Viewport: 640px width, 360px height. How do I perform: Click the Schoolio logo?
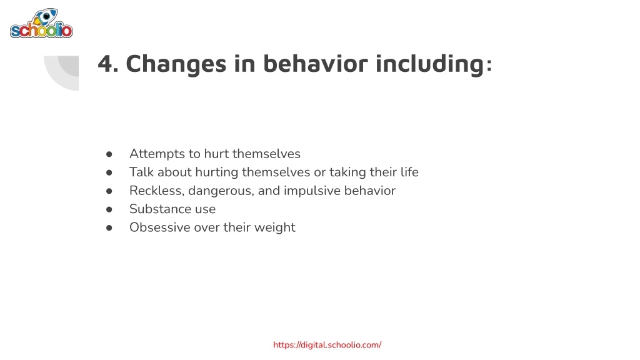point(41,24)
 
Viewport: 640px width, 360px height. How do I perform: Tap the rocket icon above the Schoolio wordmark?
point(45,17)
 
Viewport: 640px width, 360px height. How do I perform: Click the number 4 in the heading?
point(105,64)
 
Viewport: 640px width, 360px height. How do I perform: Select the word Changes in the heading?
point(176,64)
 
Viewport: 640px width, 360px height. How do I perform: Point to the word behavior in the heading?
point(315,64)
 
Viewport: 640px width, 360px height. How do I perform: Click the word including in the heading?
point(429,64)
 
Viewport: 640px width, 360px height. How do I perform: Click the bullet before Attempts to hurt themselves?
point(109,154)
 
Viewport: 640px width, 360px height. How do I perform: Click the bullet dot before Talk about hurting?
point(109,172)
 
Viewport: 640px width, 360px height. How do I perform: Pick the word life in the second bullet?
point(409,172)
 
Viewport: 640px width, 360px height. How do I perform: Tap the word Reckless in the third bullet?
point(156,191)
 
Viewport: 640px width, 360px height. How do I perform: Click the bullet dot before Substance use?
point(109,209)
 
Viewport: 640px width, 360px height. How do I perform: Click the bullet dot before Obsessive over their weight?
point(109,227)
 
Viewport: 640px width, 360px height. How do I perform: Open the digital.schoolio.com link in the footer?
point(327,345)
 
